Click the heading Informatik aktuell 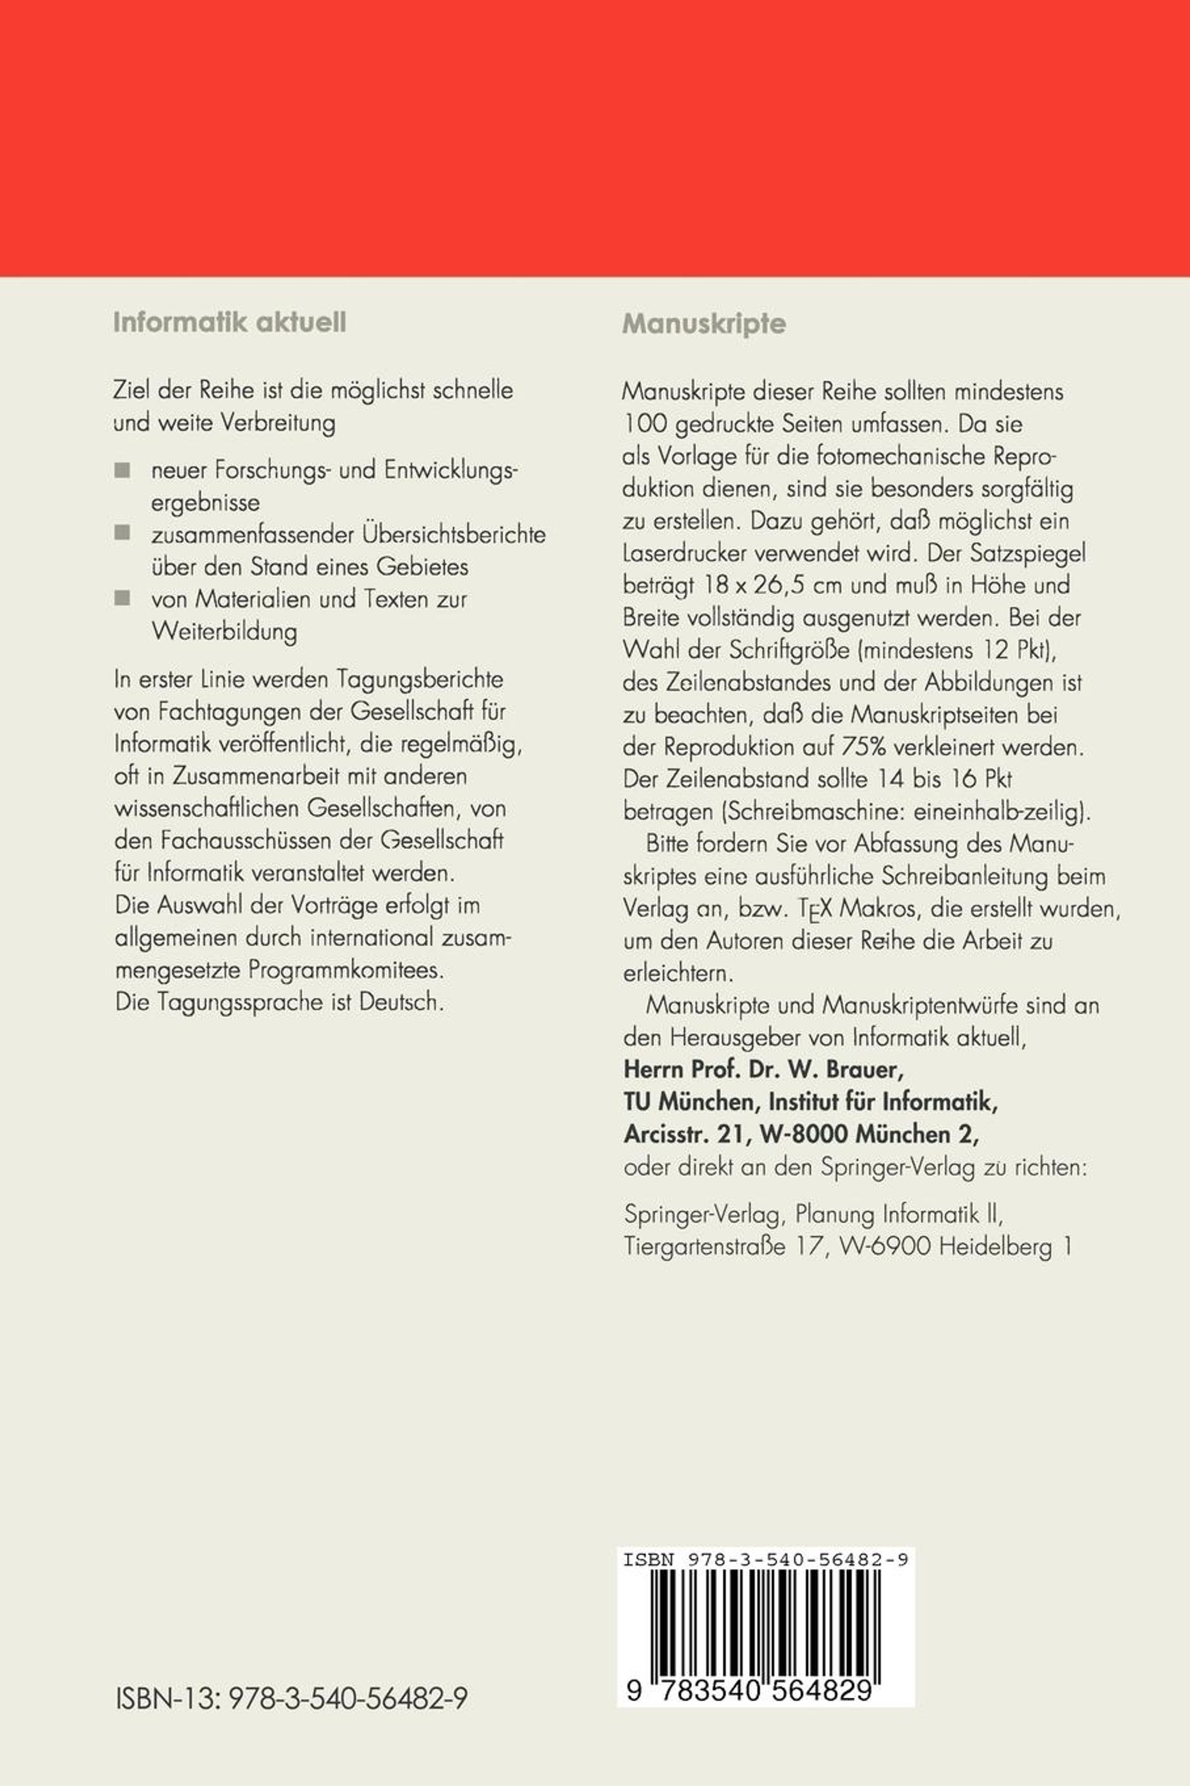(x=229, y=323)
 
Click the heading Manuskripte (x=704, y=324)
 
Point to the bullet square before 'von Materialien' (x=122, y=598)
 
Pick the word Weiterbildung (x=225, y=632)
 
